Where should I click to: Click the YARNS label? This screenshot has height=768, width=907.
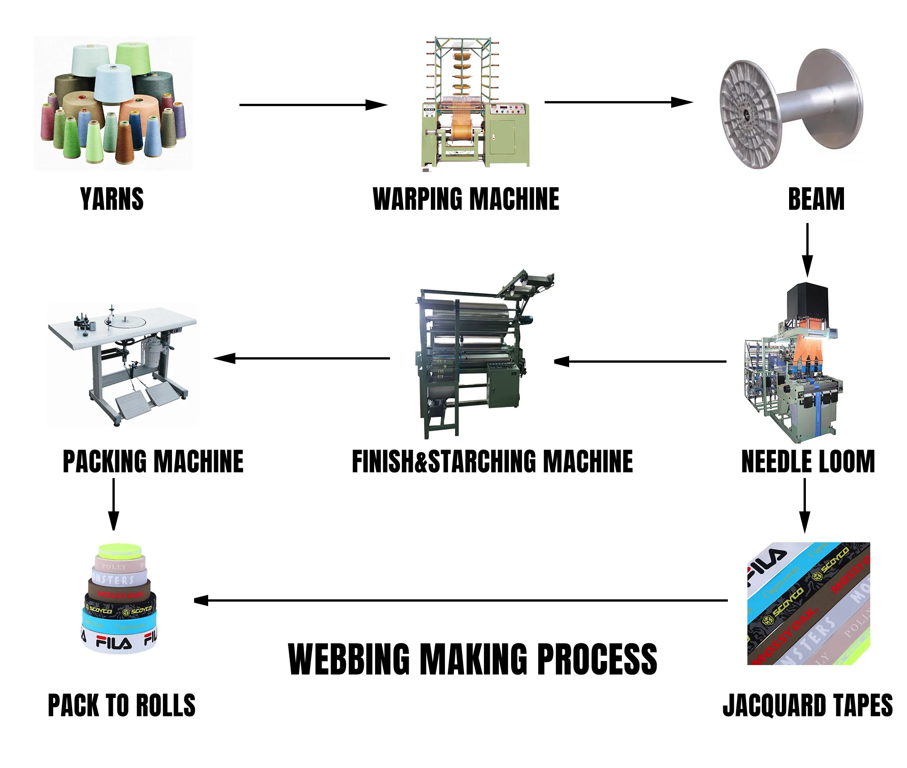tap(112, 199)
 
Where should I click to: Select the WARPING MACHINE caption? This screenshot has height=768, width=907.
tap(466, 199)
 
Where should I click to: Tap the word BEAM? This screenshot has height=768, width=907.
tap(816, 199)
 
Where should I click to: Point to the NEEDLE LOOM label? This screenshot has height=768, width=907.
tap(808, 462)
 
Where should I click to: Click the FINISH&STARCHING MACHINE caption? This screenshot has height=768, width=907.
tap(492, 462)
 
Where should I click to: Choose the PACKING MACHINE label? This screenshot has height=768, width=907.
tap(153, 462)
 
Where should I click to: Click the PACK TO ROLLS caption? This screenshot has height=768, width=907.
tap(122, 705)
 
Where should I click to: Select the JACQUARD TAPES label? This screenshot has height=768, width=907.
tap(808, 705)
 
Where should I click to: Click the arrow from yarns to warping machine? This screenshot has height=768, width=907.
tap(313, 105)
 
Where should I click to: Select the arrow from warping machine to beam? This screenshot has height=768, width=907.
tap(619, 102)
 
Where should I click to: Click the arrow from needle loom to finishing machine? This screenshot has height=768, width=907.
tap(639, 361)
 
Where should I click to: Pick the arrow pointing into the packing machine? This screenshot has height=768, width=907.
tap(302, 358)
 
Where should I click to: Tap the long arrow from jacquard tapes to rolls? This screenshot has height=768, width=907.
tap(460, 601)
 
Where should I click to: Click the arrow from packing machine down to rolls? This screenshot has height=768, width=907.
tap(113, 504)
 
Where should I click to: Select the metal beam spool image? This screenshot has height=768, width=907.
tap(791, 109)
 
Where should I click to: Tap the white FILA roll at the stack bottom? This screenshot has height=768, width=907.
tap(119, 641)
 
